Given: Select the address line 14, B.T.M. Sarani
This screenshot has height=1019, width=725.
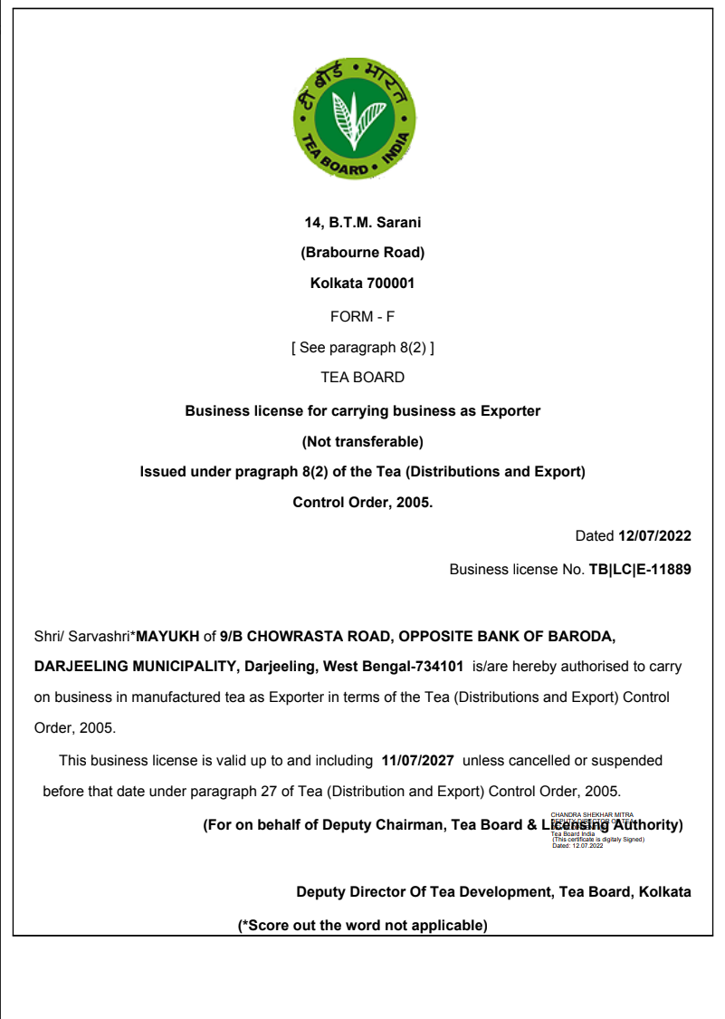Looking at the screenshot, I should click(x=362, y=222).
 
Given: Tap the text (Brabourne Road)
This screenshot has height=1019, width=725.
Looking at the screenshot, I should click(x=362, y=253).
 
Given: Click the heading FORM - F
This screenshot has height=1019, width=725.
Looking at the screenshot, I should click(x=362, y=316).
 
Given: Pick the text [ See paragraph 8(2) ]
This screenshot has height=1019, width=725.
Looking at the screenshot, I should click(x=362, y=347).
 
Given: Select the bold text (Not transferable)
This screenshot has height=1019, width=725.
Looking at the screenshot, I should click(x=362, y=442).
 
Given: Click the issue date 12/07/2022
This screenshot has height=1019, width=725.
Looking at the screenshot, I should click(x=654, y=536).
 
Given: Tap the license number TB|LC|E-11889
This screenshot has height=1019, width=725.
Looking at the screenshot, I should click(x=640, y=570).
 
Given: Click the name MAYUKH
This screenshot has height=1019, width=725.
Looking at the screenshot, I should click(x=167, y=636).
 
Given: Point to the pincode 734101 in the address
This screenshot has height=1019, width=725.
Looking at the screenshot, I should click(x=438, y=667).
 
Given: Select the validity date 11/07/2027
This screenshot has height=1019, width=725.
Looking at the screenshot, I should click(x=418, y=761).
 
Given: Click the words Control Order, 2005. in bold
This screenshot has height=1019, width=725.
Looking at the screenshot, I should click(x=362, y=502).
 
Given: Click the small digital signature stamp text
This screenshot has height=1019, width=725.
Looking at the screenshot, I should click(x=594, y=830).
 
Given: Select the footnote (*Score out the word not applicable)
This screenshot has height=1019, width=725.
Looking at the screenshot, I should click(x=362, y=925).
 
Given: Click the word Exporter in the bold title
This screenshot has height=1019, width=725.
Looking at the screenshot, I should click(x=510, y=411).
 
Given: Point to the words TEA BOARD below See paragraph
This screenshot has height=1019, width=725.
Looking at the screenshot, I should click(x=362, y=377).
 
